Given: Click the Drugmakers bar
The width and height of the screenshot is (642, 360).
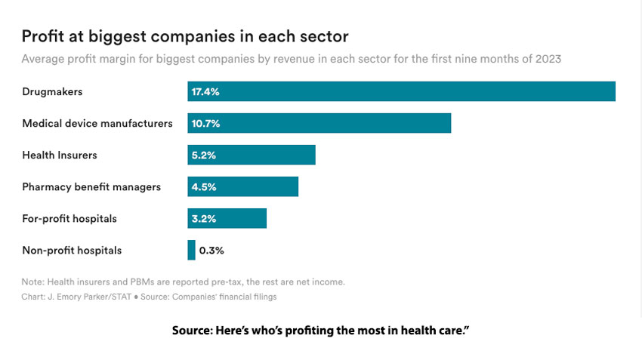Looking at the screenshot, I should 401,91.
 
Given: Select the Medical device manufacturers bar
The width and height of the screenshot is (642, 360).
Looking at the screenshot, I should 319,123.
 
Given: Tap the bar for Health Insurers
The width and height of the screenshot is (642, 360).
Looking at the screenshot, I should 251,155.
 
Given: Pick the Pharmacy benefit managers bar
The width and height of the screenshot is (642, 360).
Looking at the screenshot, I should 242,186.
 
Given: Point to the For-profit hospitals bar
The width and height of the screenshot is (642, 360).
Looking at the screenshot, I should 227,218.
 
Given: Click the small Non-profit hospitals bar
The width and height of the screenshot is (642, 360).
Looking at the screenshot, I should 191,250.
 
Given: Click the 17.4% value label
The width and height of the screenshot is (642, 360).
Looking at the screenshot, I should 205,91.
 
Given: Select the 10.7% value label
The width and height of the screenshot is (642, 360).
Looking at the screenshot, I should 205,123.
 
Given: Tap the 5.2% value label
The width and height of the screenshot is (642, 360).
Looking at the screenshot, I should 204,155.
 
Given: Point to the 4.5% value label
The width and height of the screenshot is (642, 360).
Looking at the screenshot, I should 204,186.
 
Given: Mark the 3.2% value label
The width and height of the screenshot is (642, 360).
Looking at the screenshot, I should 204,218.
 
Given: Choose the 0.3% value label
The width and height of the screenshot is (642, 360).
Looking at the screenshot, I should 211,250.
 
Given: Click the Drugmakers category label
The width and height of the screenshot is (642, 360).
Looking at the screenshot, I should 52,91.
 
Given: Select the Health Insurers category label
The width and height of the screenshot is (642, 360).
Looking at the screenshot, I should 60,155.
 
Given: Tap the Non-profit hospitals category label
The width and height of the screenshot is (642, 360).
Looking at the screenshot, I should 72,250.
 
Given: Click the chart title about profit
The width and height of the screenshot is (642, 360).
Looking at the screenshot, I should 185,36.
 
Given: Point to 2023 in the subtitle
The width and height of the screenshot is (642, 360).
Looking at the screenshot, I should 548,59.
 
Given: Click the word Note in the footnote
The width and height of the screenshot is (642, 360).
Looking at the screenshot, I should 32,282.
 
